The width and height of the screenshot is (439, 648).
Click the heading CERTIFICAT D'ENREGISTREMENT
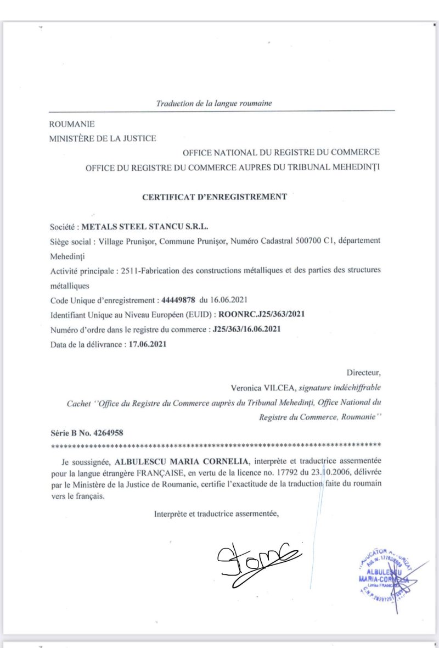(x=214, y=197)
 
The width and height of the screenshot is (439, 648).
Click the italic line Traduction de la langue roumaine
(x=213, y=103)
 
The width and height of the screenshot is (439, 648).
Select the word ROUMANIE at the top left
(x=72, y=125)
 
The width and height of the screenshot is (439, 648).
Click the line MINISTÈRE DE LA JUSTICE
(x=103, y=139)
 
